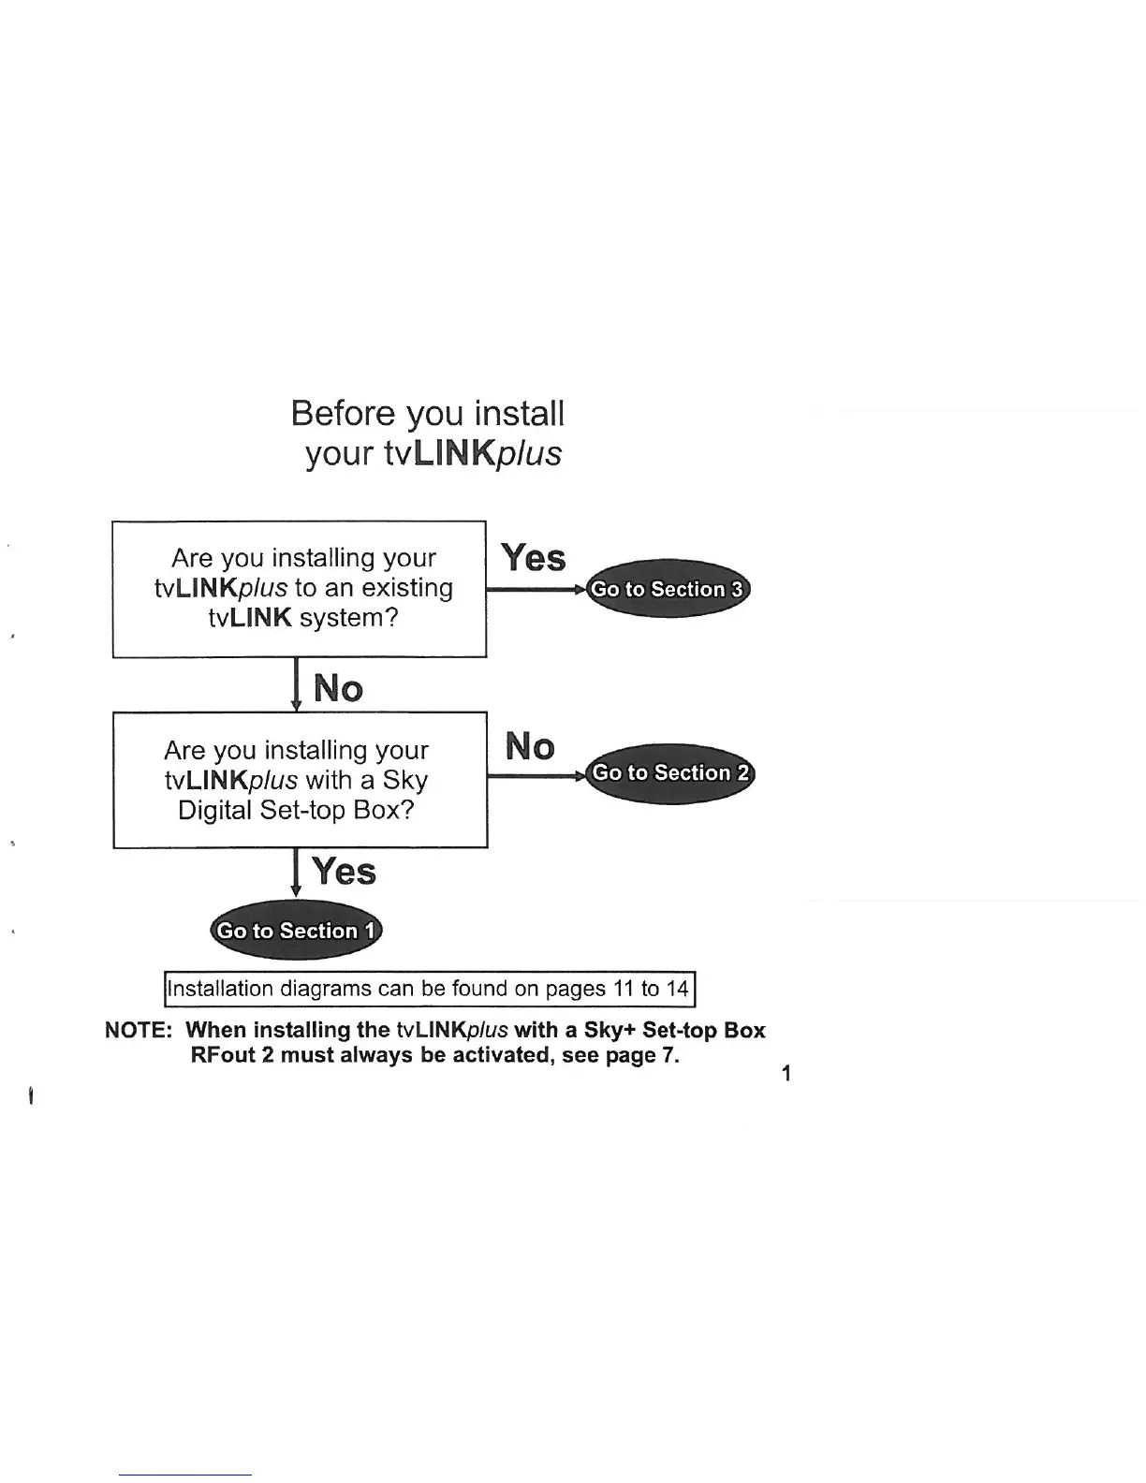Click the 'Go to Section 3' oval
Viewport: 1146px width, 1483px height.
tap(668, 589)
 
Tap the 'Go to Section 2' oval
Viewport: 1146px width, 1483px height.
tap(670, 773)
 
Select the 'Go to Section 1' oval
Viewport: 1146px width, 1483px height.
tap(296, 931)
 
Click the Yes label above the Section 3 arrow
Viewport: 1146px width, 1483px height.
tap(534, 558)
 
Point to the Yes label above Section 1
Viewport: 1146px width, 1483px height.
tap(345, 872)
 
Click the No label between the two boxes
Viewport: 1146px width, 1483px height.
tap(338, 689)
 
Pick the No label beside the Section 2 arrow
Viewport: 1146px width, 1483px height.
tap(530, 747)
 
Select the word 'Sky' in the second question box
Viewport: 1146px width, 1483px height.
tap(404, 780)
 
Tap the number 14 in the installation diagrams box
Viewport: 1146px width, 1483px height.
tap(678, 989)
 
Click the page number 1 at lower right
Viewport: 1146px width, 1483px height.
tap(786, 1073)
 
